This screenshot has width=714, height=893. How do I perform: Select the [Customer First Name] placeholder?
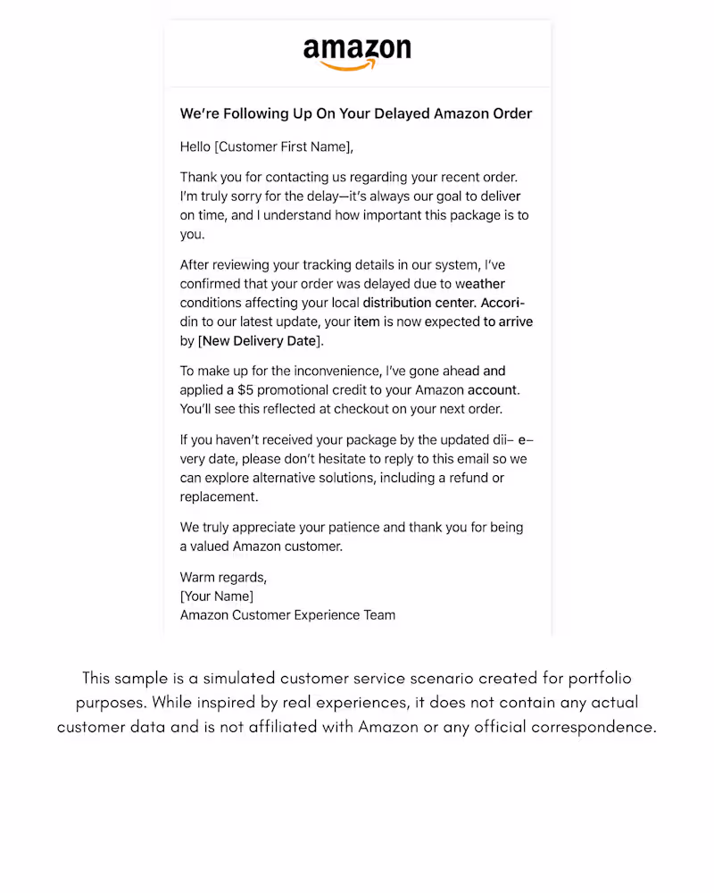point(283,146)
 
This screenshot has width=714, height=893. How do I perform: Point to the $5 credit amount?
point(247,390)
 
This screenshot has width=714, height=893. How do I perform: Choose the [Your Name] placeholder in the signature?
point(217,596)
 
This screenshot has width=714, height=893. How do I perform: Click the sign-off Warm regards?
point(223,577)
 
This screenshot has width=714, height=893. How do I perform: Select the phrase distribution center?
point(419,303)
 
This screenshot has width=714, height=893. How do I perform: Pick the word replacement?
point(219,497)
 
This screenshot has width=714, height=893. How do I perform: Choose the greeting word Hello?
point(195,146)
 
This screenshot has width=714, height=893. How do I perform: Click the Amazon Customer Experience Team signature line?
point(287,614)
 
